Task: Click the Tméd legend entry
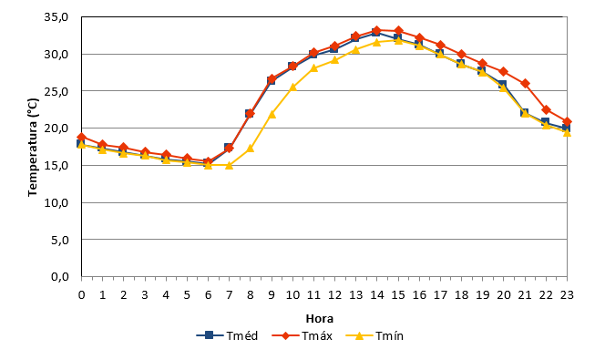coord(227,335)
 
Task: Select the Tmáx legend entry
coord(302,335)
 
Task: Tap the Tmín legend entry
coord(374,335)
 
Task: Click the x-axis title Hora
coord(320,319)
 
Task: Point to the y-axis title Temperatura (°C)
coord(33,147)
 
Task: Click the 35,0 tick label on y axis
coord(56,17)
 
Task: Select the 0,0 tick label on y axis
coord(60,277)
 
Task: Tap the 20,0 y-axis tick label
coord(56,129)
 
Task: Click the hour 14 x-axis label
coord(377,295)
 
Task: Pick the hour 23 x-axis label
coord(567,295)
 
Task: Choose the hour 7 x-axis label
coord(230,295)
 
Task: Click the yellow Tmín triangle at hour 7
coord(230,165)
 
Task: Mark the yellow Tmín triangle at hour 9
coord(272,114)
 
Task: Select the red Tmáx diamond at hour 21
coord(525,83)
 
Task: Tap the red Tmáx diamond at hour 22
coord(546,110)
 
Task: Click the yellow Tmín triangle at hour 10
coord(292,87)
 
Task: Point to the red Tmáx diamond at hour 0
coord(81,137)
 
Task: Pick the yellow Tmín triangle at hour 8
coord(251,149)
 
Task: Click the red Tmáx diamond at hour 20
coord(504,72)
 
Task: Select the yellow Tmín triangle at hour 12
coord(335,60)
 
